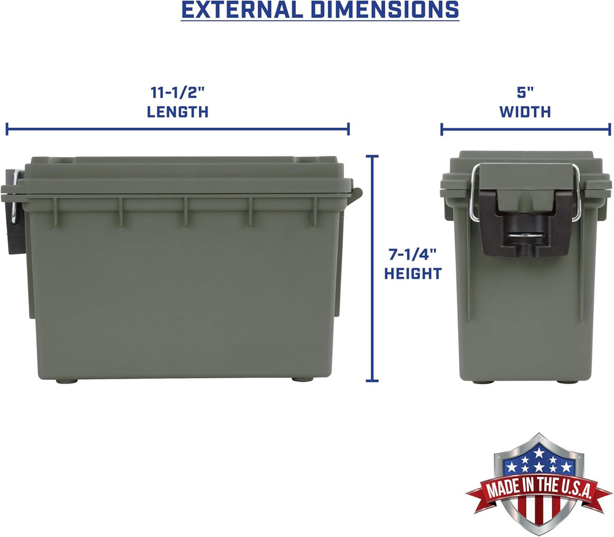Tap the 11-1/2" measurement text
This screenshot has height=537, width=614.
coord(177,93)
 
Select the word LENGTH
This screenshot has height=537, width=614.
coord(177,112)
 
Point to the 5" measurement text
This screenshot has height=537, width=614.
coord(525,93)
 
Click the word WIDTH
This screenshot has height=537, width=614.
coord(525,112)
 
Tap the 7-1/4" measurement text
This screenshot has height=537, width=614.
coord(413,253)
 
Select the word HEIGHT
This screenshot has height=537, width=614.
coord(413,274)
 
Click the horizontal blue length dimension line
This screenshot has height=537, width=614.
coord(177,129)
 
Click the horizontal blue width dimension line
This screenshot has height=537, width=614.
coord(526,129)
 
